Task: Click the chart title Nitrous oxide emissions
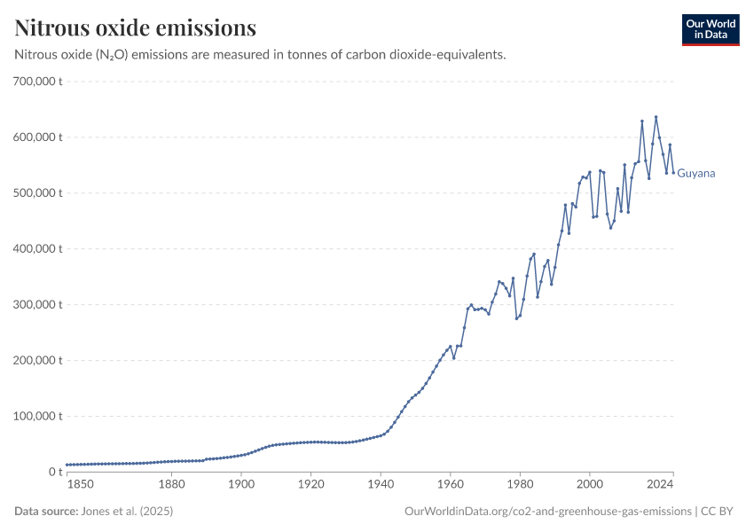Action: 136,28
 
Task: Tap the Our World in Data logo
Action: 710,29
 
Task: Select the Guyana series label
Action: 695,174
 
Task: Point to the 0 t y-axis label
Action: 53,472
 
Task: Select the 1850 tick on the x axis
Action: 80,484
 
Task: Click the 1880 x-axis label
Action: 171,484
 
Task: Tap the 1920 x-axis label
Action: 310,484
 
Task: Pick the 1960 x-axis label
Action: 450,484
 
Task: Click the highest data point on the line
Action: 656,117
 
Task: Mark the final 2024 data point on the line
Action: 673,172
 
